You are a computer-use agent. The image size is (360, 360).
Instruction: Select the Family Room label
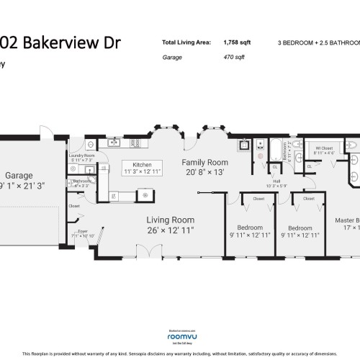(x=204, y=163)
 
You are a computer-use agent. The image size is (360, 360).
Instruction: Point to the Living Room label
(x=171, y=220)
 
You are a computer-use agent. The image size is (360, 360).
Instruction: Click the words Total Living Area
(x=186, y=42)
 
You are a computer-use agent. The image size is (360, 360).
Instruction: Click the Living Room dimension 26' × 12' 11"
(x=171, y=230)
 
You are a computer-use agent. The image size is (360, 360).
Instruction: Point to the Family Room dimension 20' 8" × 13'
(x=204, y=173)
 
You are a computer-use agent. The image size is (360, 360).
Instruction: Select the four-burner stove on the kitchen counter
(x=147, y=194)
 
